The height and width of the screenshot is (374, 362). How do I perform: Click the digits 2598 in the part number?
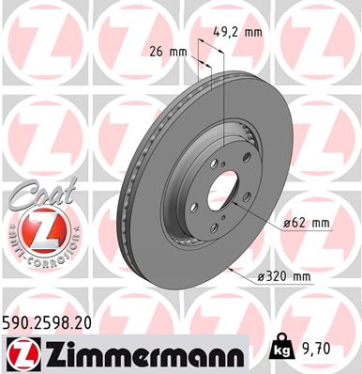(52, 321)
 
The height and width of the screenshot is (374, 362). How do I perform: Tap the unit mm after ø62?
(320, 223)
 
